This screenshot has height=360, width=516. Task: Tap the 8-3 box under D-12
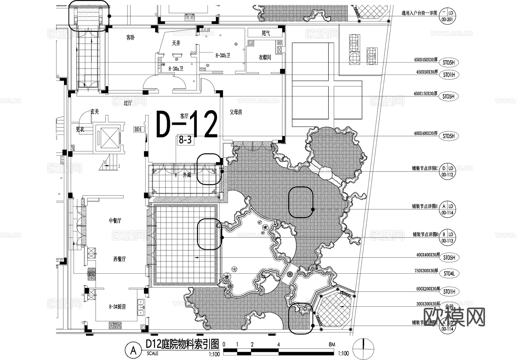tap(185, 140)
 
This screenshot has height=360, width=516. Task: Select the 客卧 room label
tap(130, 38)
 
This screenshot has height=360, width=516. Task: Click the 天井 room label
tap(176, 43)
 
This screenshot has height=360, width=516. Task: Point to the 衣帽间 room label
tap(265, 57)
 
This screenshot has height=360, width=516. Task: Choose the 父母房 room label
tap(236, 112)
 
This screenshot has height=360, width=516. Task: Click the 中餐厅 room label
tap(115, 221)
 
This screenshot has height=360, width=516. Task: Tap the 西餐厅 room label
tap(119, 259)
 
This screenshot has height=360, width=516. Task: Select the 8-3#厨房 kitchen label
tap(117, 307)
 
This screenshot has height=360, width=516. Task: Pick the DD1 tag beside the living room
tap(138, 129)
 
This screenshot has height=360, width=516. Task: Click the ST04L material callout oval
tap(449, 274)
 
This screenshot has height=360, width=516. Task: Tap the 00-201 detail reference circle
tap(447, 16)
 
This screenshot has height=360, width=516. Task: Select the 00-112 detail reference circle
tap(447, 172)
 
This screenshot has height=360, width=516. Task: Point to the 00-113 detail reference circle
tap(447, 238)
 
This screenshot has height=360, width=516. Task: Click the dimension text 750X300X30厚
tap(426, 271)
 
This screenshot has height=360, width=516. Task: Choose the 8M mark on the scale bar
tap(331, 344)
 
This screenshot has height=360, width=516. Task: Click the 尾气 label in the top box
tap(266, 33)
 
